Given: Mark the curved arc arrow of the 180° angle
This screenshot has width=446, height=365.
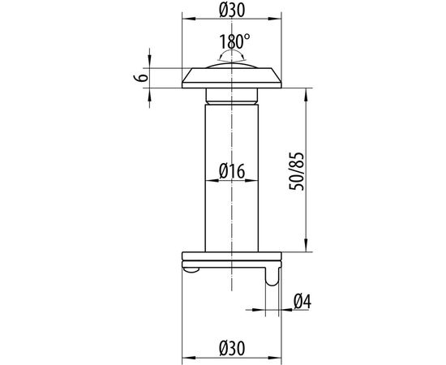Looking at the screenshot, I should click(233, 54).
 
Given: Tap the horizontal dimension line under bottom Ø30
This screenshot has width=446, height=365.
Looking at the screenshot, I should click(233, 356).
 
